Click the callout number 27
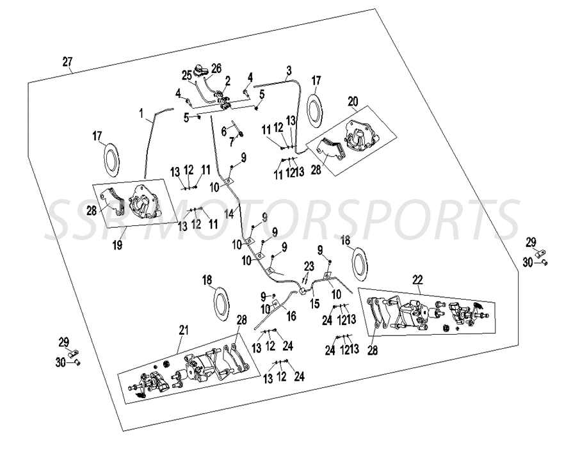point(67,62)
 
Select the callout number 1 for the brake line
point(141,113)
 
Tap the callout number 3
point(289,70)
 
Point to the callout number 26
point(216,68)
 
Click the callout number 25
point(187,76)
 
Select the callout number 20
point(353,102)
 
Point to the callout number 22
point(417,279)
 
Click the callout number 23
point(309,266)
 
